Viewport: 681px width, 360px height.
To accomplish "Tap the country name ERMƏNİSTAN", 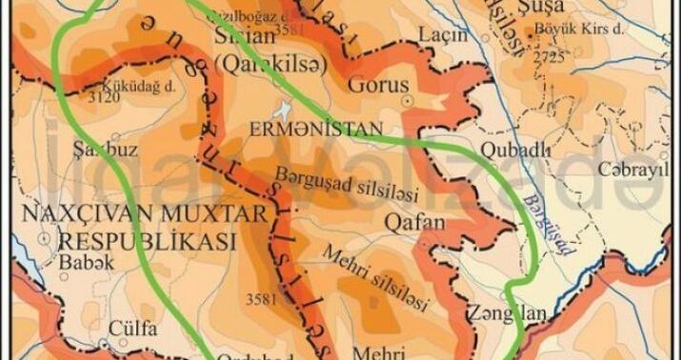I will click(330, 128).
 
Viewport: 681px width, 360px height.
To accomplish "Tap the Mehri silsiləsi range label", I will click(373, 273).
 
